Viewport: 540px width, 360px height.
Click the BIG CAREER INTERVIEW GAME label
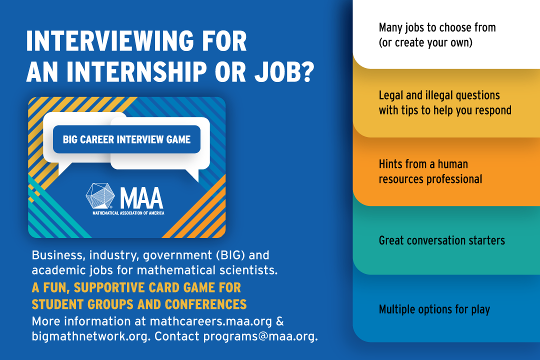126,139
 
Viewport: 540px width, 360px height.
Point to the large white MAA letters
141,197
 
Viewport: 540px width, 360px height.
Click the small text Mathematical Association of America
128,213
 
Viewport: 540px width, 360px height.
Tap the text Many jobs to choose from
437,28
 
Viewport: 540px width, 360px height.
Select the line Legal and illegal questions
439,95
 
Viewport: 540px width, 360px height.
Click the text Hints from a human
423,164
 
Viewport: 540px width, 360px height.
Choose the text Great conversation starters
441,240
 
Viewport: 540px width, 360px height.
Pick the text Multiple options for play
434,309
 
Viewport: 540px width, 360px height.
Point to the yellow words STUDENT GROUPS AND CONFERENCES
139,304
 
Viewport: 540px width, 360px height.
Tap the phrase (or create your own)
425,42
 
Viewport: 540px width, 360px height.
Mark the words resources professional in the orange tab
430,178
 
